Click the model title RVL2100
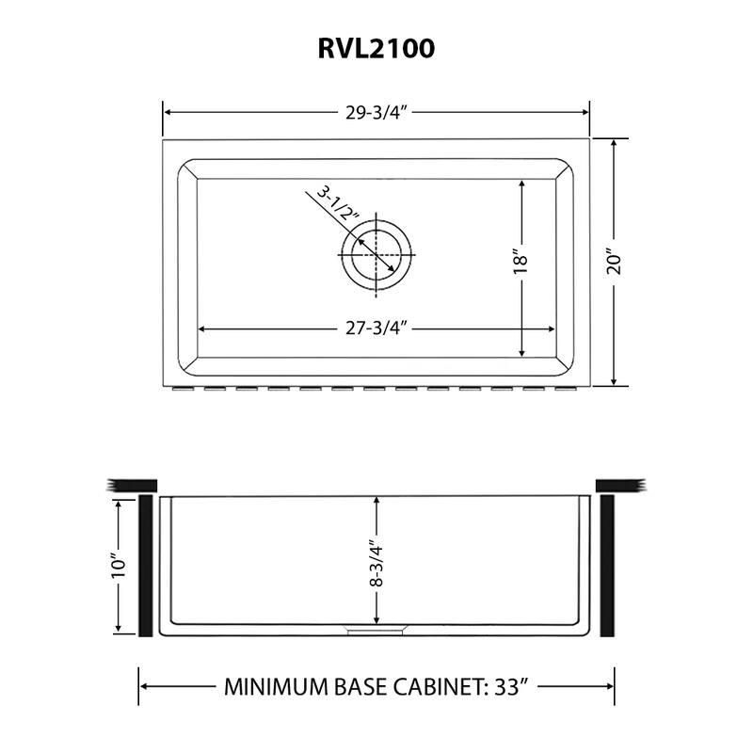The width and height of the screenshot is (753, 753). [376, 48]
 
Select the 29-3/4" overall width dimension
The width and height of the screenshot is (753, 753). [375, 111]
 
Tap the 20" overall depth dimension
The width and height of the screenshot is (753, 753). [614, 263]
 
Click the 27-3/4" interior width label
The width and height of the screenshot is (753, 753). [375, 328]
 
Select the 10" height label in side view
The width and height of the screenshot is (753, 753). [119, 566]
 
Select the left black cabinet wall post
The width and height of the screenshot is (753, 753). [146, 565]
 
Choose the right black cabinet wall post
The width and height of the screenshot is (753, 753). [607, 565]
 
